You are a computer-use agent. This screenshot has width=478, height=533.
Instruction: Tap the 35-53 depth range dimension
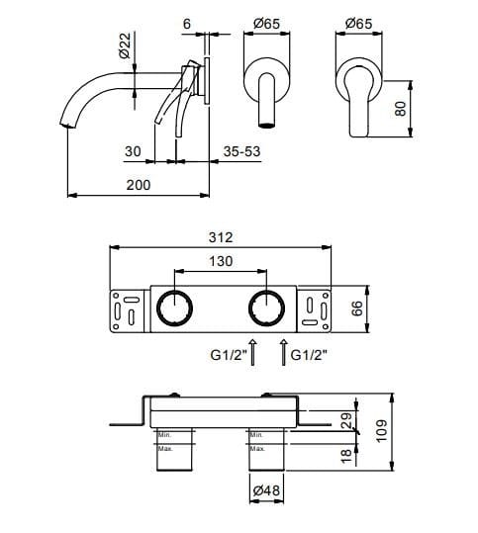(242, 153)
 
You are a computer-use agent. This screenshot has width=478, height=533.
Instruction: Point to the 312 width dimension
(222, 237)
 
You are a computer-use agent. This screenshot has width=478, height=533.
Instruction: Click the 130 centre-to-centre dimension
(222, 262)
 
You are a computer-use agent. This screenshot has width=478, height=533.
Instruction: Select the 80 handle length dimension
(401, 107)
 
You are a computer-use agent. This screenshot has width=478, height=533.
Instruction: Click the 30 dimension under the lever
(135, 153)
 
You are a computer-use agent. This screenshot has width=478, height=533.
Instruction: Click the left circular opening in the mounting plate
(175, 309)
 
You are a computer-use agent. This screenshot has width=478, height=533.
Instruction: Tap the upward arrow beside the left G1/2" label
(253, 353)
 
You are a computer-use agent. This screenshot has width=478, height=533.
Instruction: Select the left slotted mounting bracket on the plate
(127, 309)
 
